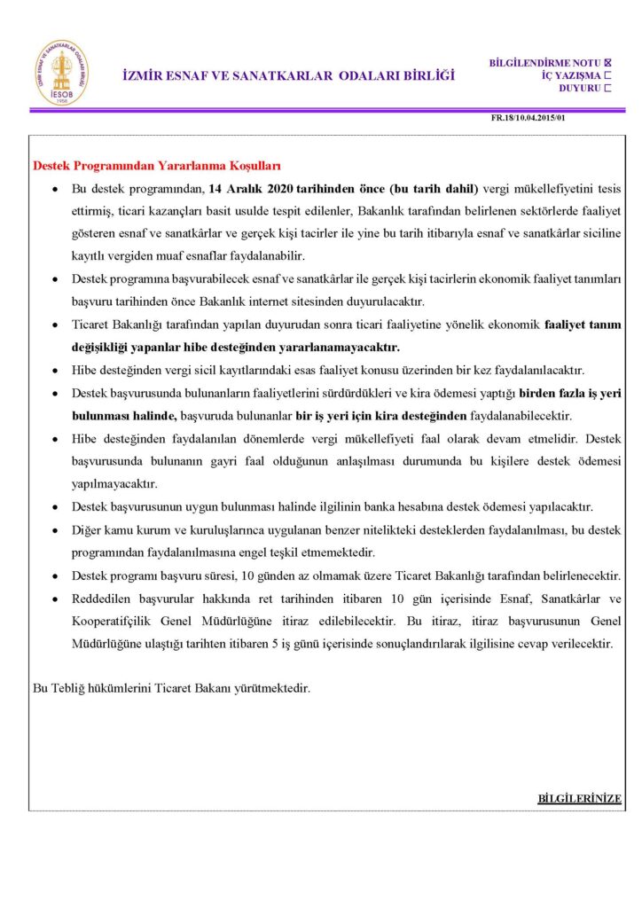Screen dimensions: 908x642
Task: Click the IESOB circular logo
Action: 61,73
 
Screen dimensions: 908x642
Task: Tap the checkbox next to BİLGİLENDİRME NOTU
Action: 608,63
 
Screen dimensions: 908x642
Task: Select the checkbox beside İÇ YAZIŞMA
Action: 608,75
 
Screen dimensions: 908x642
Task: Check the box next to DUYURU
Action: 608,88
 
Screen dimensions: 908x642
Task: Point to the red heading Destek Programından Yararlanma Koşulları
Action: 157,166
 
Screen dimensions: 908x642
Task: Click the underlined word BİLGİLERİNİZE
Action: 579,798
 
